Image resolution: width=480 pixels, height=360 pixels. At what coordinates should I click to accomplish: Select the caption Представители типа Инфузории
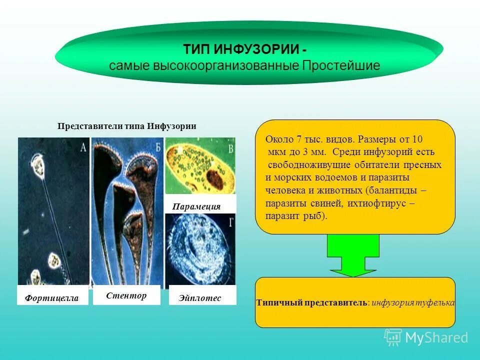pos(127,126)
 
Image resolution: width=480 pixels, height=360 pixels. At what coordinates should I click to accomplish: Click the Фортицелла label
pos(52,298)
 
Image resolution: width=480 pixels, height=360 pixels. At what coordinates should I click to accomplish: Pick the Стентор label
pos(126,295)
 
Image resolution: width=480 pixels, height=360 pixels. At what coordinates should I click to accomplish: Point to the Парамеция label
pos(196,206)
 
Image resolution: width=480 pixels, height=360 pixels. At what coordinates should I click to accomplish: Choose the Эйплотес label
pos(200,297)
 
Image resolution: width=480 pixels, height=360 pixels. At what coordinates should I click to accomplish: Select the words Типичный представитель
pos(312,302)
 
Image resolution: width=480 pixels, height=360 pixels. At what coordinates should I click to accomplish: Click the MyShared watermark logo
pos(426,337)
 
